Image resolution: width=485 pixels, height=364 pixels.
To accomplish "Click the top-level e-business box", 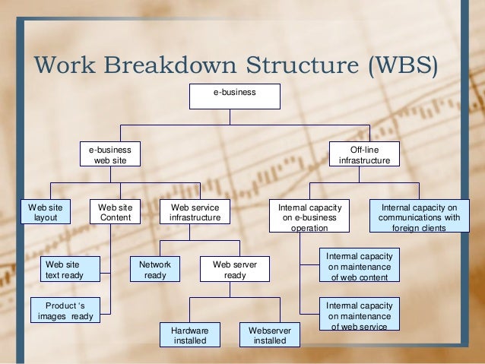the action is point(234,95).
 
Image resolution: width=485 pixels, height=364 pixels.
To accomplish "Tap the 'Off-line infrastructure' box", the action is point(363,154).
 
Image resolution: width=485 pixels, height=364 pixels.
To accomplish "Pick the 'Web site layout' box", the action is point(46,212).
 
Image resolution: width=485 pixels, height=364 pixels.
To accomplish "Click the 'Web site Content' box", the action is point(116,212).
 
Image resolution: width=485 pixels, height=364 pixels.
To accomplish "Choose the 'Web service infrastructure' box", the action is point(195,212).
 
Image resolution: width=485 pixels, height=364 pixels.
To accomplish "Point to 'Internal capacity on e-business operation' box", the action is point(309,216).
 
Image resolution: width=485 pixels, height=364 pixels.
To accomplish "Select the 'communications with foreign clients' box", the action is point(420,216).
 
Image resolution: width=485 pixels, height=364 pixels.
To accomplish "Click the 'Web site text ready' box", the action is point(64,269).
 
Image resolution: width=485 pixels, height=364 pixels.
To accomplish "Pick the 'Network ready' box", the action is point(155,269).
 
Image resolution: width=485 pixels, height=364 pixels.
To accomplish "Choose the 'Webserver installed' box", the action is point(270,335).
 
